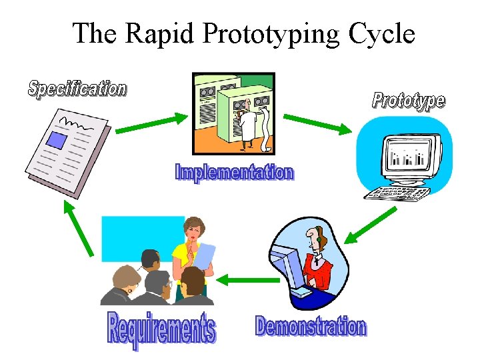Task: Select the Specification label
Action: (77, 89)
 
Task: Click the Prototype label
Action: (408, 101)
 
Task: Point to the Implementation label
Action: (233, 173)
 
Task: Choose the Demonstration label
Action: (311, 327)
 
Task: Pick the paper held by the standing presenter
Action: (206, 257)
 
